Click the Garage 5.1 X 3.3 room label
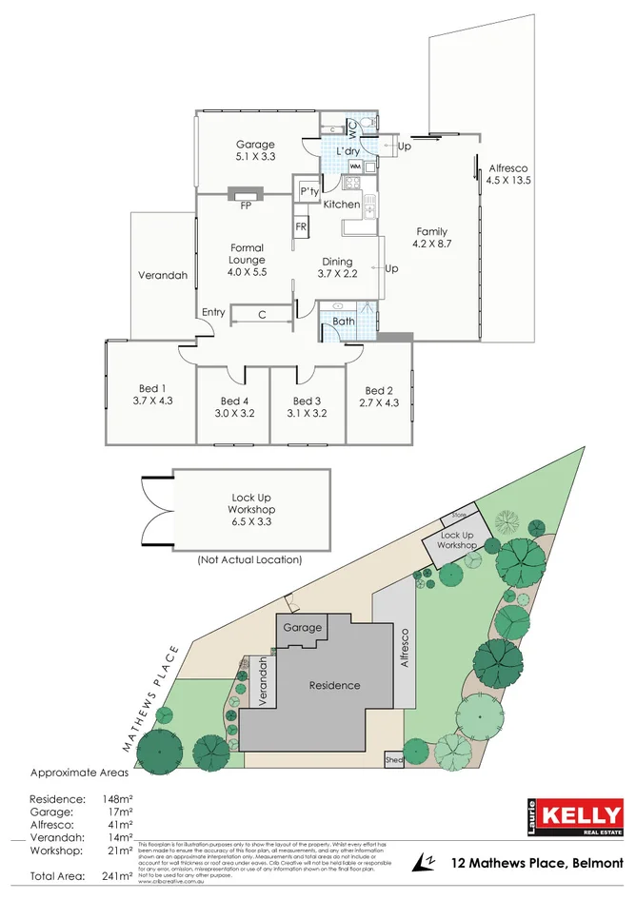[255, 150]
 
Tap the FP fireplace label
[245, 205]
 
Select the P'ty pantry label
[308, 192]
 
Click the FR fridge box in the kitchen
[301, 226]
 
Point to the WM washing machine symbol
[341, 166]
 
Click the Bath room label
[344, 322]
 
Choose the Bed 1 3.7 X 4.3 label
[153, 394]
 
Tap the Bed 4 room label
[233, 407]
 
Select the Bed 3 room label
[307, 407]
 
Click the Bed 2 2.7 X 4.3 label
[378, 397]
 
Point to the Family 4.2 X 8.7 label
[430, 238]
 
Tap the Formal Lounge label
[247, 260]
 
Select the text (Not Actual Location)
[249, 560]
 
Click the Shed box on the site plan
[393, 760]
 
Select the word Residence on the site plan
[334, 685]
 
